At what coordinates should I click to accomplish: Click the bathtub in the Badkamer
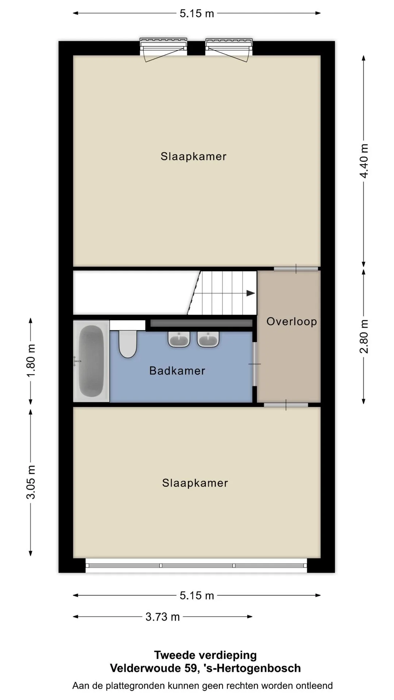click(x=91, y=361)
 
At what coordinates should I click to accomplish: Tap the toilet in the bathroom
click(x=128, y=343)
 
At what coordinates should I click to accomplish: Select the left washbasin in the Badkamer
click(x=179, y=339)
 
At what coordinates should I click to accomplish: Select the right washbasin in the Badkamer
click(x=208, y=339)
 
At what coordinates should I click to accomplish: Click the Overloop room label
click(x=291, y=322)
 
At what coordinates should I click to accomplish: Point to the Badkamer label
click(x=177, y=371)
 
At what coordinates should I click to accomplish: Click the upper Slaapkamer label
click(x=193, y=156)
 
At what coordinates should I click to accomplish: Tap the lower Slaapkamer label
click(x=195, y=483)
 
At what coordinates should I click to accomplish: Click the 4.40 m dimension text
click(x=364, y=161)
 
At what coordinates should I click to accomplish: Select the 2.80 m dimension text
click(x=364, y=337)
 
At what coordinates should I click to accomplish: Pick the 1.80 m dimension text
click(x=31, y=361)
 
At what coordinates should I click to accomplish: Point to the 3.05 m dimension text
click(x=31, y=482)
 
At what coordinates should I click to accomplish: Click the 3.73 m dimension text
click(x=163, y=617)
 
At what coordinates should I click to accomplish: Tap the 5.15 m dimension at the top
click(x=197, y=13)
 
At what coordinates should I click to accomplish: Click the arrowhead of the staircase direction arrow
click(x=251, y=293)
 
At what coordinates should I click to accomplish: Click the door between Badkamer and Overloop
click(x=255, y=364)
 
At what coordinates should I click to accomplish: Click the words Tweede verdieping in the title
click(x=205, y=655)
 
